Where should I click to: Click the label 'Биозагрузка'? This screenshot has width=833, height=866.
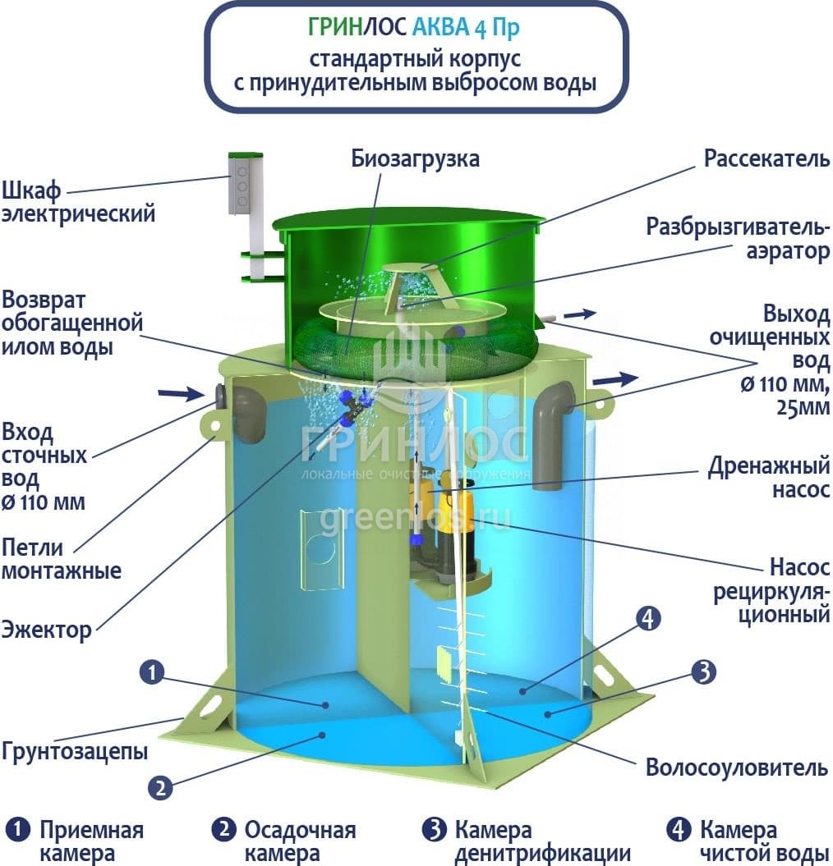tap(415, 158)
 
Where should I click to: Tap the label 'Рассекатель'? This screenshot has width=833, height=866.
tap(766, 158)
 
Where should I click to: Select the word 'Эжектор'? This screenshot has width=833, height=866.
tap(47, 630)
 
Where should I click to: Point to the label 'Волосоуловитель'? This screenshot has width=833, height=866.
tap(737, 767)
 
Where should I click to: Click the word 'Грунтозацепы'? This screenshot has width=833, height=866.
tap(75, 751)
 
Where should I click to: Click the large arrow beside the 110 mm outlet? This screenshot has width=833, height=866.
tap(616, 380)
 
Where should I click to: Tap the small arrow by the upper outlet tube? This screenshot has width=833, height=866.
tap(580, 314)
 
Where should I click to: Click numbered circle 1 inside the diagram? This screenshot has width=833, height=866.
tap(153, 672)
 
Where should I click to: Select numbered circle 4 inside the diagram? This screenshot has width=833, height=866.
tap(648, 619)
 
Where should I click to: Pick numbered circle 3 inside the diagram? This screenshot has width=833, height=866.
tap(704, 672)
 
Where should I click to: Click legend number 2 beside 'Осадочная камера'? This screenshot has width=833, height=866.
tap(224, 830)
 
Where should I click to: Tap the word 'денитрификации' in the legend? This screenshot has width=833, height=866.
tap(543, 854)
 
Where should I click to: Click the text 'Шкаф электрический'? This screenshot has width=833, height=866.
tap(78, 202)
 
